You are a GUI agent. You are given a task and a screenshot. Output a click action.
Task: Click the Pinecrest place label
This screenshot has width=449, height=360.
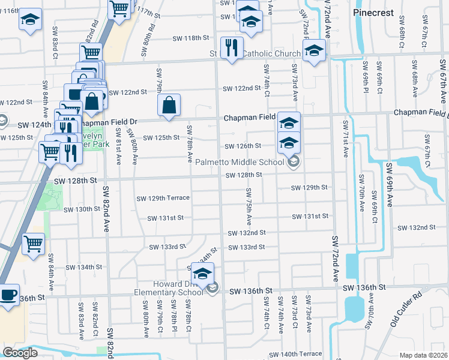[x=373, y=13]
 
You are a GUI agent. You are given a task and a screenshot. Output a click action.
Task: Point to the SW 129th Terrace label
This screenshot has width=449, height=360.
[x=163, y=198]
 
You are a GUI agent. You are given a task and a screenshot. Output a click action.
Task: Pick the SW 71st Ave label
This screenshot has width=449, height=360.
[x=345, y=139]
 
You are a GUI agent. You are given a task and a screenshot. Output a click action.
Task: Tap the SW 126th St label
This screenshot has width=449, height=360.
[x=243, y=146]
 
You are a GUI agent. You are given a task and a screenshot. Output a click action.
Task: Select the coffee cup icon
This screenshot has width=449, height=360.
[x=9, y=295]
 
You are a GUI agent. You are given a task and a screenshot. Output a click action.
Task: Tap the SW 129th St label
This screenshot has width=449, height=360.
[x=309, y=188]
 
